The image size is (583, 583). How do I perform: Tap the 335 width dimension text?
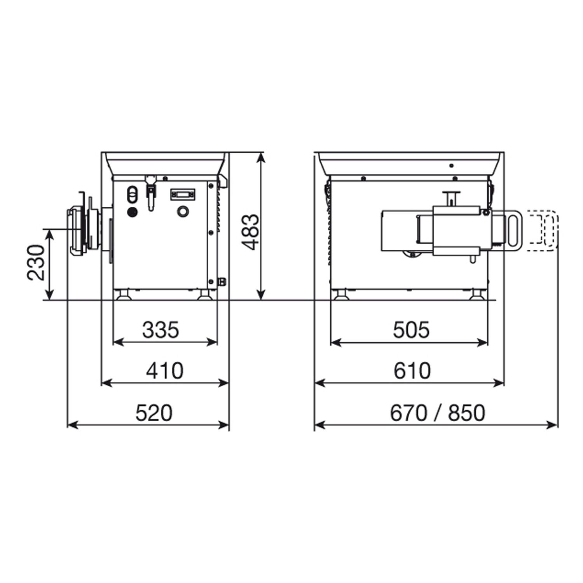[161, 330]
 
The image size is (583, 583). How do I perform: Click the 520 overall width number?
[154, 413]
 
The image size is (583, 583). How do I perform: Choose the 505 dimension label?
[411, 330]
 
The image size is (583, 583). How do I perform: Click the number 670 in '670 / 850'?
[408, 413]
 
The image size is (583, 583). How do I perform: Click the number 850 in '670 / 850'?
[466, 413]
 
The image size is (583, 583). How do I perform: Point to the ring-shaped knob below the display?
[182, 212]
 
